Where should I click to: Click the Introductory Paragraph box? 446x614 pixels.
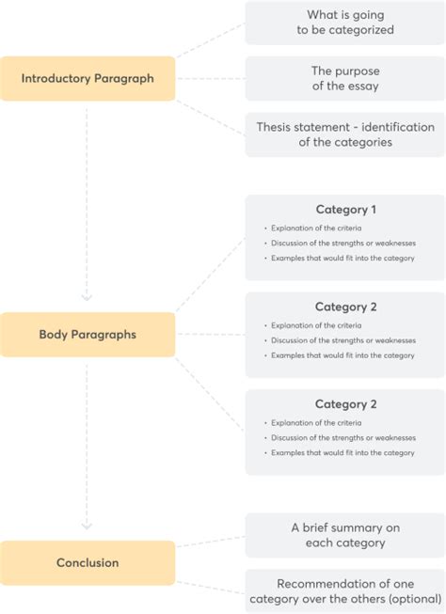tap(88, 78)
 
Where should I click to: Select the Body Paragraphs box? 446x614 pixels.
tap(88, 334)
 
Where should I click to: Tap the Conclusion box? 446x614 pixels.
tap(88, 562)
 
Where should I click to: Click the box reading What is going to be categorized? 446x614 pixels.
tap(344, 23)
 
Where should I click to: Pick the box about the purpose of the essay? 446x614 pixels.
tap(344, 78)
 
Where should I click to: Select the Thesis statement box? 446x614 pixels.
tap(344, 134)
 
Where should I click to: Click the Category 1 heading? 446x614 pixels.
tap(345, 210)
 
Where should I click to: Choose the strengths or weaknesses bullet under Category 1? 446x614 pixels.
tap(342, 244)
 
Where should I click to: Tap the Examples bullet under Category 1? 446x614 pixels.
tap(342, 259)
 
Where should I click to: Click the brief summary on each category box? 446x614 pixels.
tap(344, 535)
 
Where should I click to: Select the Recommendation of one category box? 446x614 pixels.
tap(344, 591)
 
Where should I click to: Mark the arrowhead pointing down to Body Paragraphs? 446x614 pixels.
tap(87, 298)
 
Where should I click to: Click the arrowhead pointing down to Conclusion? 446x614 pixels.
tap(87, 526)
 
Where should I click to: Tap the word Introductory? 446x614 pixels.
tap(56, 78)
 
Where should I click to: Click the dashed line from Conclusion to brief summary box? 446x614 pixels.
tap(210, 543)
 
